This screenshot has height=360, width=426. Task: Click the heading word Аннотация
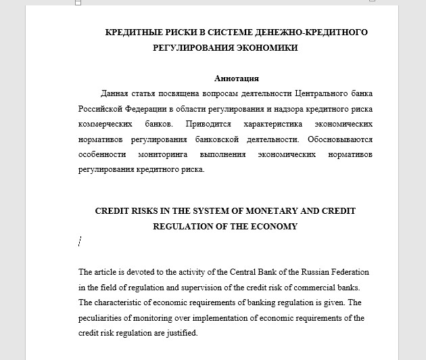click(x=236, y=78)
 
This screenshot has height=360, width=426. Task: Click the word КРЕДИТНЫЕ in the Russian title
click(x=135, y=32)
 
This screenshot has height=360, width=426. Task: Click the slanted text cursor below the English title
click(x=80, y=241)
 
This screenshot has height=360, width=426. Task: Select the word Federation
click(x=348, y=272)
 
